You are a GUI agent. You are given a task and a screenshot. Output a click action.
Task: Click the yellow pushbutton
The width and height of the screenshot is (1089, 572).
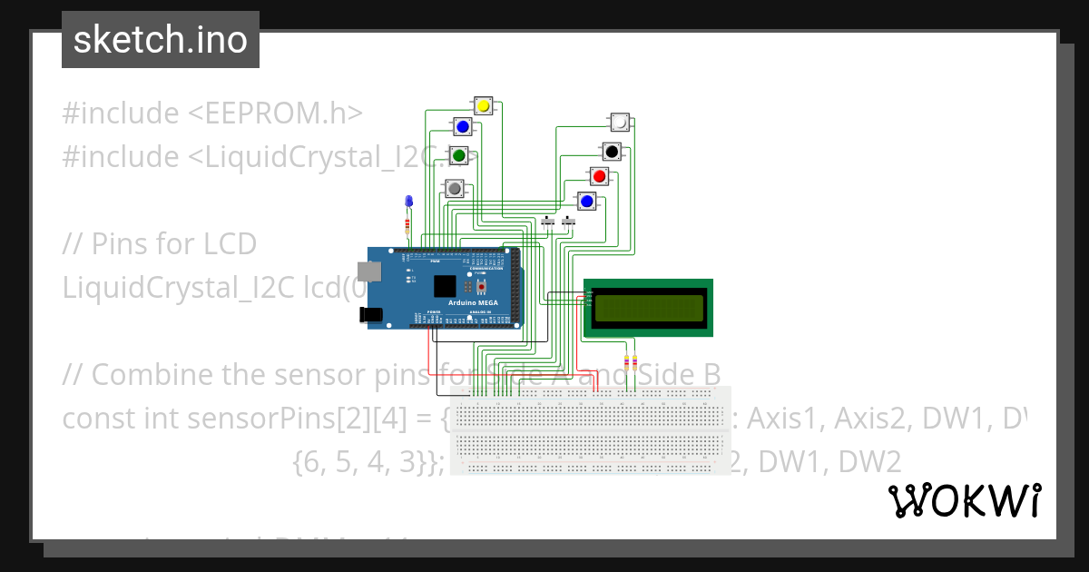pyautogui.click(x=484, y=106)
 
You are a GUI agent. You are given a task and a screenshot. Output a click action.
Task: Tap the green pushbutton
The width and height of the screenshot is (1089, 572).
pyautogui.click(x=459, y=156)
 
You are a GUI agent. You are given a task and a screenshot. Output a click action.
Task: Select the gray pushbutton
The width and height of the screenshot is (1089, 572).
pyautogui.click(x=454, y=188)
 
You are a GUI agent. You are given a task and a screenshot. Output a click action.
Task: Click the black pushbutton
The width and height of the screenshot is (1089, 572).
pyautogui.click(x=612, y=151)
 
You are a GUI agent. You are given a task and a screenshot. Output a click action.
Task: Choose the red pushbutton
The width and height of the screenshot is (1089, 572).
pyautogui.click(x=599, y=175)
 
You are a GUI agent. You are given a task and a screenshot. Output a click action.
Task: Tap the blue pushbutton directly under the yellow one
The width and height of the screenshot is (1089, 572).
pyautogui.click(x=463, y=126)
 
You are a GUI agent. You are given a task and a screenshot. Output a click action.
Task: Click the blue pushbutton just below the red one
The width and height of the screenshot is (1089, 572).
pyautogui.click(x=587, y=201)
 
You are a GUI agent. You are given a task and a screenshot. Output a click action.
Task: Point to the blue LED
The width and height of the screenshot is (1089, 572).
pyautogui.click(x=407, y=201)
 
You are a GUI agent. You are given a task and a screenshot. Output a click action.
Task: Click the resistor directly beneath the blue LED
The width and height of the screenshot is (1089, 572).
pyautogui.click(x=407, y=224)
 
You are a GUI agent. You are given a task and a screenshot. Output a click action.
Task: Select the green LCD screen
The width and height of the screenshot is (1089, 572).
pyautogui.click(x=648, y=308)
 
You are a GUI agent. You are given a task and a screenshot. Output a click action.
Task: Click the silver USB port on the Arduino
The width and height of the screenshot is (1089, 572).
pyautogui.click(x=368, y=271)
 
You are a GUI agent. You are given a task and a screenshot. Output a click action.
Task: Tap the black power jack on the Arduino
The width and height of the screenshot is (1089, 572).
pyautogui.click(x=370, y=314)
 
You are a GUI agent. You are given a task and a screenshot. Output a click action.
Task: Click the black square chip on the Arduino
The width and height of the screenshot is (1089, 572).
pyautogui.click(x=444, y=286)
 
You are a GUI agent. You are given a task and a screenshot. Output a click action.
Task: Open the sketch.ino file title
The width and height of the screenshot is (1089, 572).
pyautogui.click(x=161, y=40)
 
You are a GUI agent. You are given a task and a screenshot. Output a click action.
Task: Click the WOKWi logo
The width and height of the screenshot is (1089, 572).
pyautogui.click(x=964, y=500)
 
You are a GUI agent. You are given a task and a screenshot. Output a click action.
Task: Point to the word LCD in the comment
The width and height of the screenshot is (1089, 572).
pyautogui.click(x=230, y=244)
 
